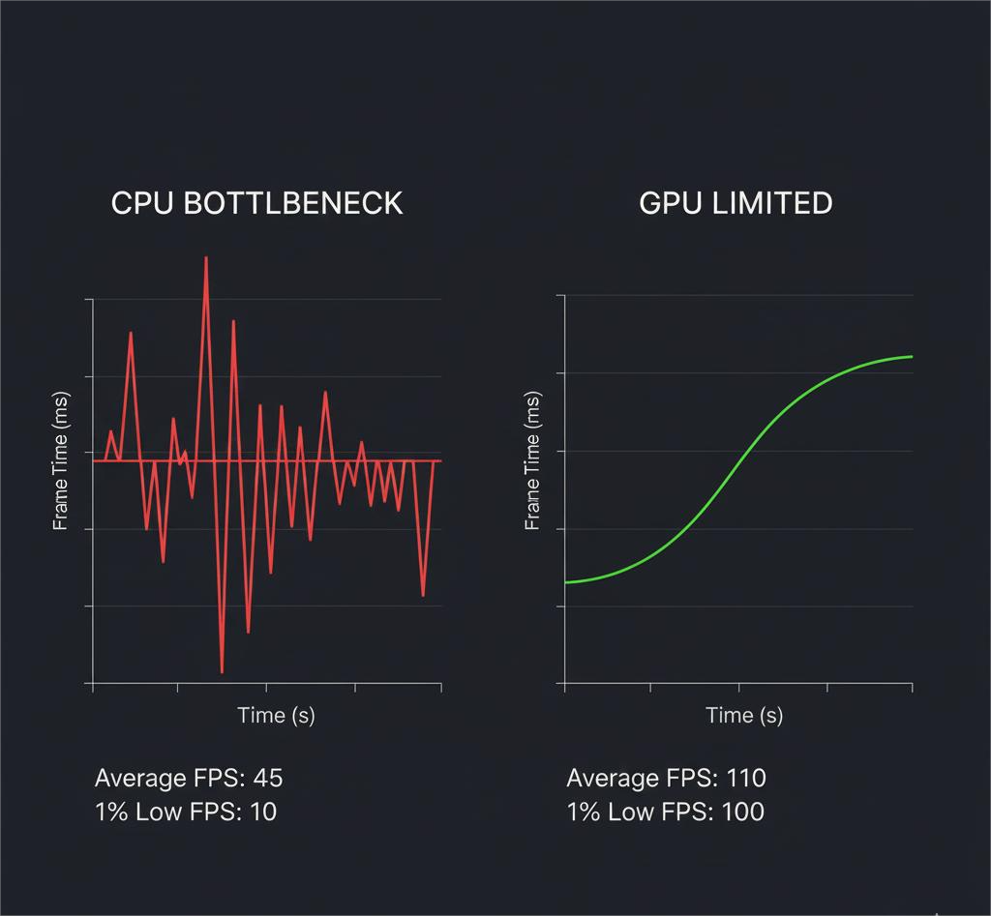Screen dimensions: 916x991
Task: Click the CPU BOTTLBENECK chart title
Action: click(x=256, y=203)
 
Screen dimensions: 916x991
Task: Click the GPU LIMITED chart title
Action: click(x=736, y=203)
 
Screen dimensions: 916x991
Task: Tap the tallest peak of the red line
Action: click(x=206, y=257)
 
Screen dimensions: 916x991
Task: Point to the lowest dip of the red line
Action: click(x=222, y=671)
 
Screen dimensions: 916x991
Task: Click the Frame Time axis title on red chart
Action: click(x=61, y=461)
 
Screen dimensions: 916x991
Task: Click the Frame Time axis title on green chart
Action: click(x=532, y=461)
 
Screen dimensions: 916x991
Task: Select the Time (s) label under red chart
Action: click(x=276, y=715)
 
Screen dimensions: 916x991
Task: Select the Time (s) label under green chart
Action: click(x=744, y=715)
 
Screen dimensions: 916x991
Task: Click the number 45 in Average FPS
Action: click(x=267, y=778)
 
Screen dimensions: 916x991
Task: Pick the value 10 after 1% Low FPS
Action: click(x=262, y=812)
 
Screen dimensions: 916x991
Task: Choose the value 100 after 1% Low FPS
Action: click(x=742, y=812)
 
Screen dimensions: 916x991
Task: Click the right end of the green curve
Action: click(x=912, y=356)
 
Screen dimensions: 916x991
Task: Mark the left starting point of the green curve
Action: click(x=565, y=582)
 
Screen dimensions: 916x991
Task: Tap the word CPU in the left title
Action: click(x=142, y=203)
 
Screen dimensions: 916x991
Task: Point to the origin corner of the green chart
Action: click(x=564, y=683)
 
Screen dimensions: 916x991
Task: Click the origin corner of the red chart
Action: click(x=93, y=683)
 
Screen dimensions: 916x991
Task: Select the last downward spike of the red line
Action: click(x=423, y=595)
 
